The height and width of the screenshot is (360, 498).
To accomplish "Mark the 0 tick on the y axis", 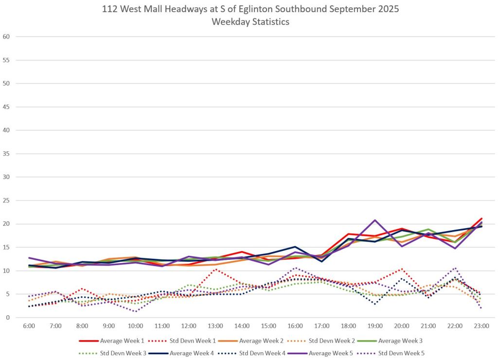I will (x=8, y=318).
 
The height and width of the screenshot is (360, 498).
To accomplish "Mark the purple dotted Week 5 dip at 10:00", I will (x=136, y=311).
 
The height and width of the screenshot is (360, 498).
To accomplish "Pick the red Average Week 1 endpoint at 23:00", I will (x=481, y=218).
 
